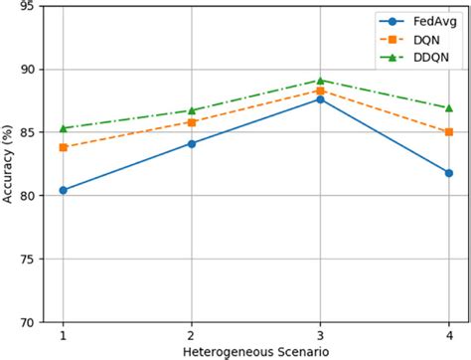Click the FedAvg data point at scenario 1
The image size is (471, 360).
coord(64,190)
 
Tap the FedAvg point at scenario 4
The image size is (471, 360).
coord(448,173)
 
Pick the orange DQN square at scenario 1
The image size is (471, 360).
coord(64,147)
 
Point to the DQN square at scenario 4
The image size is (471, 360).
coord(448,131)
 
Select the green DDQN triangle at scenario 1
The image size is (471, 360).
coord(64,128)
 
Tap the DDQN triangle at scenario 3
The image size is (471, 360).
coord(320,80)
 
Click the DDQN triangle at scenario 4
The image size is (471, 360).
coord(448,107)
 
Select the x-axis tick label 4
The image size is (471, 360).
coord(448,335)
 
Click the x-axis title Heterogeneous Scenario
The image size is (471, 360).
coord(255,351)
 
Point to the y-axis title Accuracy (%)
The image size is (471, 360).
coord(9,164)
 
